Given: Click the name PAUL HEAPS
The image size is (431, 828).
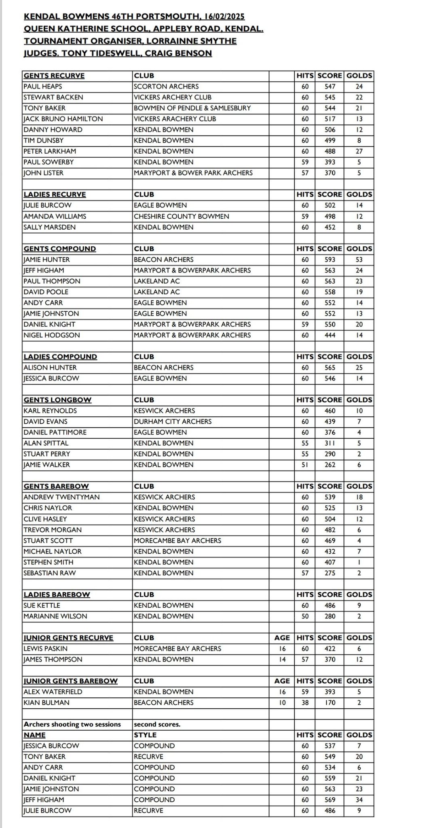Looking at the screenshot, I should coord(42,87).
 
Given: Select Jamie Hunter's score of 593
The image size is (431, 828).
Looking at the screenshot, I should coord(330,260).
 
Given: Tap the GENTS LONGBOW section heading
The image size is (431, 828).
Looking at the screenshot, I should coord(57,400).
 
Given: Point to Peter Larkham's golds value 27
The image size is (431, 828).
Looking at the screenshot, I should coord(359,151).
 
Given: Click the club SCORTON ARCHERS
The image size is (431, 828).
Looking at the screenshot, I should coord(166,87).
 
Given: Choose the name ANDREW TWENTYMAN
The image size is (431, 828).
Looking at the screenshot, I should coord(61,497).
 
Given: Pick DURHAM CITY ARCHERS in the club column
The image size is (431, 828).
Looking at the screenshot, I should coord(173,421).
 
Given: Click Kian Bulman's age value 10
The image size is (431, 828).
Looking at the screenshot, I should coord(282,703).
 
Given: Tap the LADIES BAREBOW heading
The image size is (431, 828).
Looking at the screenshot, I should coord(57,594).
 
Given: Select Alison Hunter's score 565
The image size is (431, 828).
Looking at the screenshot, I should coord(330,368).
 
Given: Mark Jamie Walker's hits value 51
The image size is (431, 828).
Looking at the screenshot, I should coord(305,465).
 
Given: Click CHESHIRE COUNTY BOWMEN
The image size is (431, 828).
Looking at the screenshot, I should coord(181,216).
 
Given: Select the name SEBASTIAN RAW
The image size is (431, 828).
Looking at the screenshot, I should coord(49,573).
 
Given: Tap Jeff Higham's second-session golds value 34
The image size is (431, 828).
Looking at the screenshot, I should coord(359,800).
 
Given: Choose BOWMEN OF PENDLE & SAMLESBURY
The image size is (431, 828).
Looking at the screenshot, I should coord(192,108).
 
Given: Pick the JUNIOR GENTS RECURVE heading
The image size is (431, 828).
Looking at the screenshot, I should coord(68,638).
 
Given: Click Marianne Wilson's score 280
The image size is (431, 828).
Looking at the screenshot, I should coord(330,616).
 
